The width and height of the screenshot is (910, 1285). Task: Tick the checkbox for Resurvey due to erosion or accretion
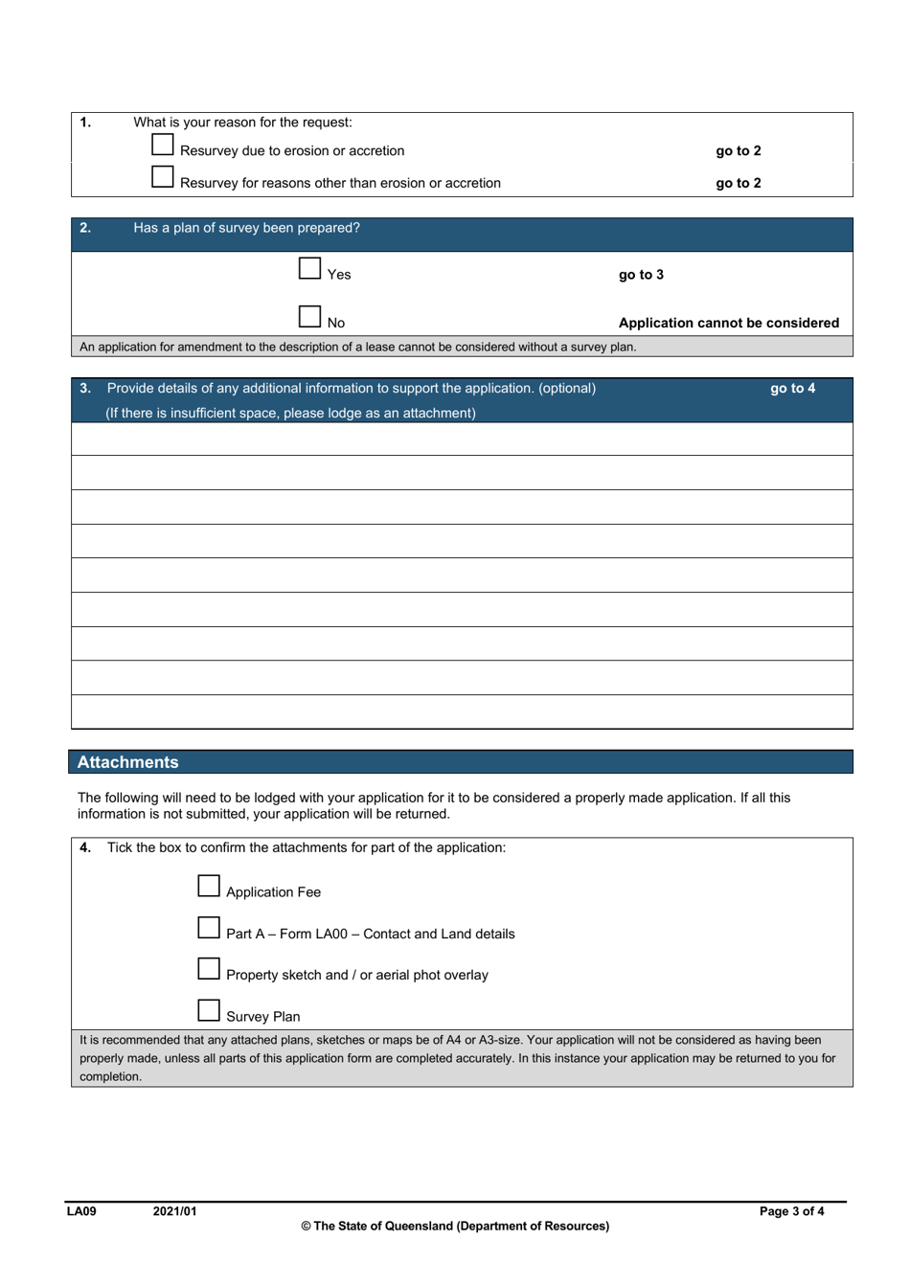point(163,145)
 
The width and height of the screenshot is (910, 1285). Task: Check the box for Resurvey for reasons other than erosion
point(163,177)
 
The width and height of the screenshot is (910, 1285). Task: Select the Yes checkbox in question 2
point(309,268)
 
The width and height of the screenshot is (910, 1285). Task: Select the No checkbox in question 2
point(309,316)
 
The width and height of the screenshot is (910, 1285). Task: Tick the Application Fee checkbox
point(209,886)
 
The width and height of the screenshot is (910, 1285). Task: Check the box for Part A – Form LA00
point(209,928)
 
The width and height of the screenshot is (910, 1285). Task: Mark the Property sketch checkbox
point(209,969)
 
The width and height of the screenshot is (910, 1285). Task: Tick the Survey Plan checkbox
point(209,1010)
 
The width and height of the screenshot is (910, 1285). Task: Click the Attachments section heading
point(128,762)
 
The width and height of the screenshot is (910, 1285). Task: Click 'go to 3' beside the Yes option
point(641,275)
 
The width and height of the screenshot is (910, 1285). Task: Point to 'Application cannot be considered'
point(728,323)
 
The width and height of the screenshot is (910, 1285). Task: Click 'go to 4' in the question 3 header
point(792,388)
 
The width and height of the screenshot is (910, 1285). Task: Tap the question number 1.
point(85,122)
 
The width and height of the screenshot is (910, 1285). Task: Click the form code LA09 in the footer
point(81,1211)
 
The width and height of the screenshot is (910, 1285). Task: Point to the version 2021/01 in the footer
point(174,1211)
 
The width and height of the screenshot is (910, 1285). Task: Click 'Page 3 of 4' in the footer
point(791,1211)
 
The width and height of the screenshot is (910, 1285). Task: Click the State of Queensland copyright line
point(455,1226)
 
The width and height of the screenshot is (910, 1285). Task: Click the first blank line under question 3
point(462,439)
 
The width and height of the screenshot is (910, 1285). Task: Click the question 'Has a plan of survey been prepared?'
point(246,228)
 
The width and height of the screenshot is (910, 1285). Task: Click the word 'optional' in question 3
point(566,388)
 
